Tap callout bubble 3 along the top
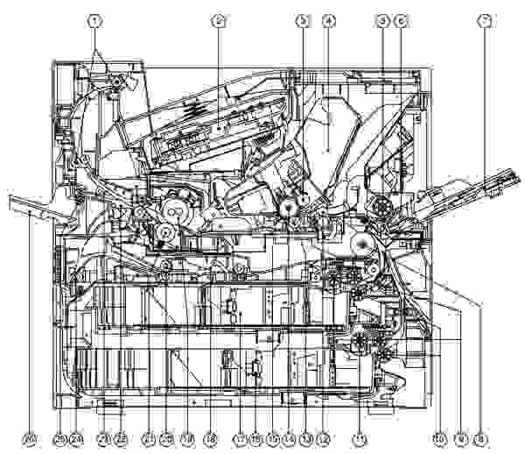(x=302, y=19)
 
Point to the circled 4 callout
(x=328, y=19)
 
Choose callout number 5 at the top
(x=381, y=19)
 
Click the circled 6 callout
(x=401, y=19)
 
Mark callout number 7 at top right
(x=484, y=19)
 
